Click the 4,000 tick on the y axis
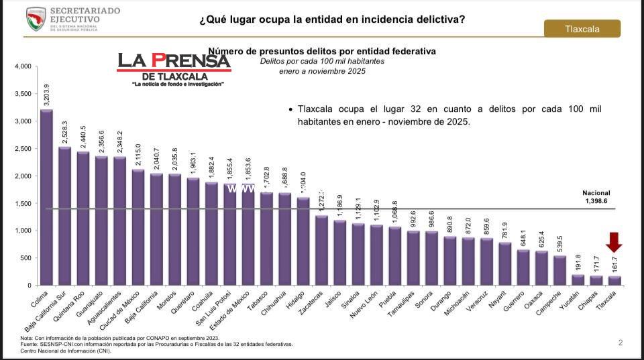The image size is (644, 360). coord(23,66)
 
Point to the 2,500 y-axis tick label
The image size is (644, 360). coord(23,149)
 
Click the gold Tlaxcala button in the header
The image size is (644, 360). coord(582,29)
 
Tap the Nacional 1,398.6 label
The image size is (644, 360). coord(596,197)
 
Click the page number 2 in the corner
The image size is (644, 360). coord(621,343)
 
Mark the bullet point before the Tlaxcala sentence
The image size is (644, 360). coord(290,109)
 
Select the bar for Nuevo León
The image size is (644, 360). coord(376,255)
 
